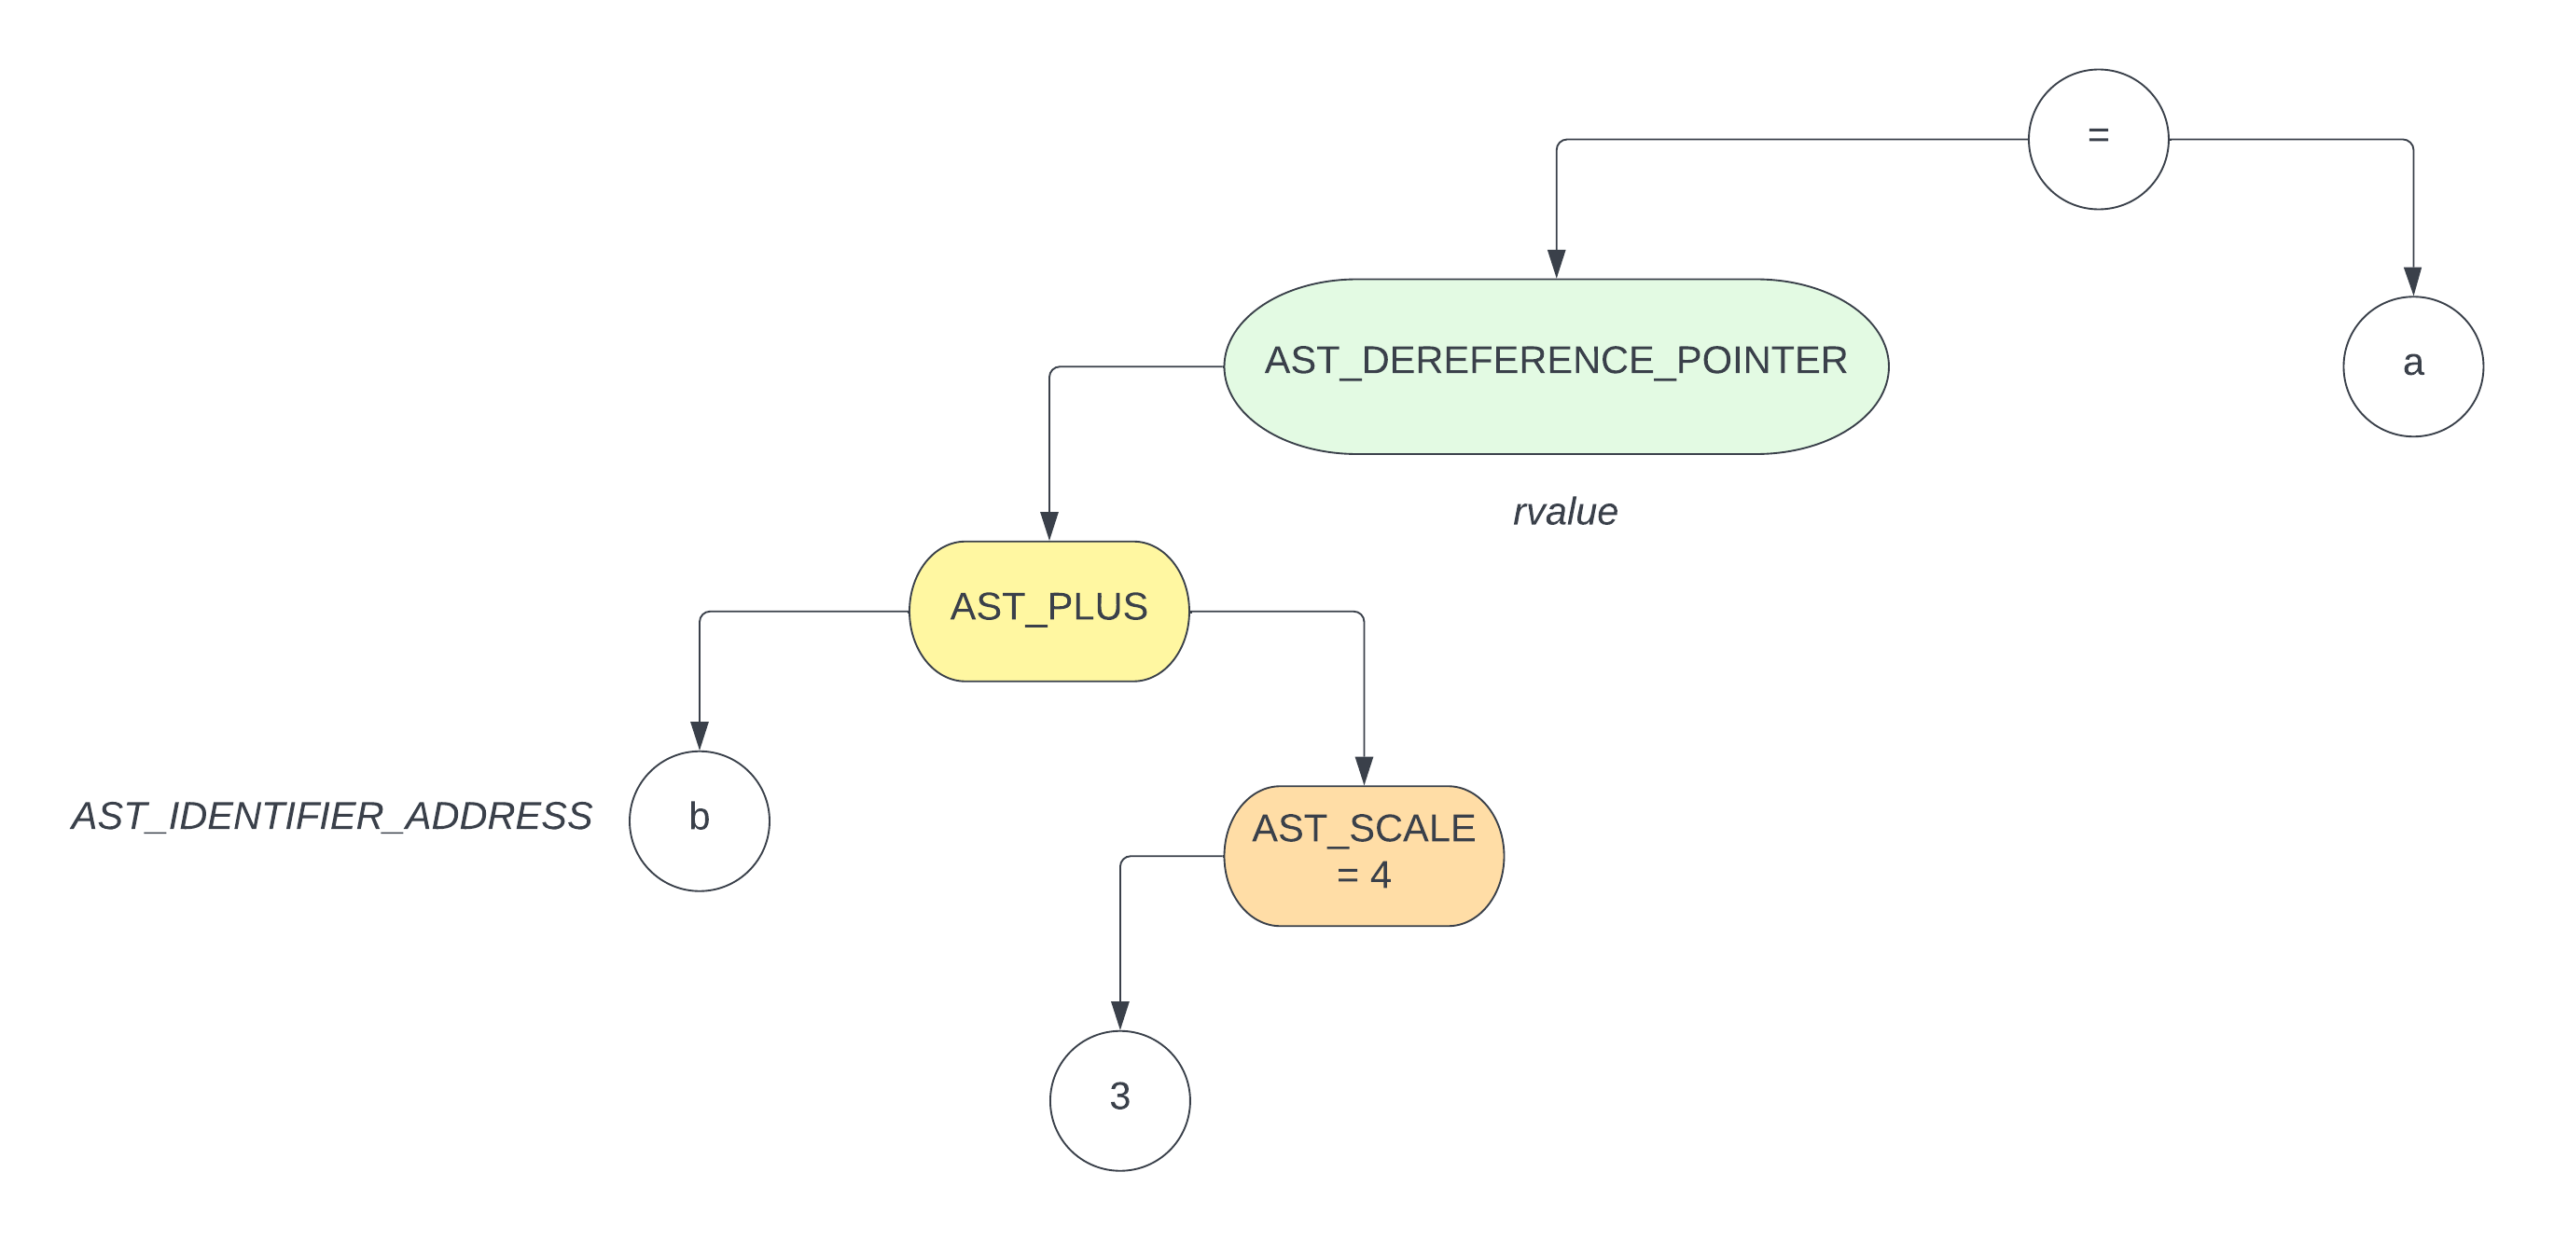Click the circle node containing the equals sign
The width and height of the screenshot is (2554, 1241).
2097,139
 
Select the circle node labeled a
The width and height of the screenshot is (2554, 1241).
2412,365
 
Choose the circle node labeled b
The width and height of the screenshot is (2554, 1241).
699,820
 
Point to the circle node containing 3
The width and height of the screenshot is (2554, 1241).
1119,1099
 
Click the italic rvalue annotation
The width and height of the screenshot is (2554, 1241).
1564,512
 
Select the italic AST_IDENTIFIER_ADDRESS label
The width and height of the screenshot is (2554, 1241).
331,816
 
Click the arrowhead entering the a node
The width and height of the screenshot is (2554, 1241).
2412,281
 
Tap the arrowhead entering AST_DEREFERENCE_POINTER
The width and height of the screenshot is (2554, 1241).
1556,264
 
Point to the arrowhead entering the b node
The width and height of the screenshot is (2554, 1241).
699,736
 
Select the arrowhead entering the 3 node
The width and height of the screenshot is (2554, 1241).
1119,1015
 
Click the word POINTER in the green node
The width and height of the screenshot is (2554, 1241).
1761,360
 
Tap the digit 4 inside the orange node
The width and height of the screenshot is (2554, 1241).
1381,876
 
